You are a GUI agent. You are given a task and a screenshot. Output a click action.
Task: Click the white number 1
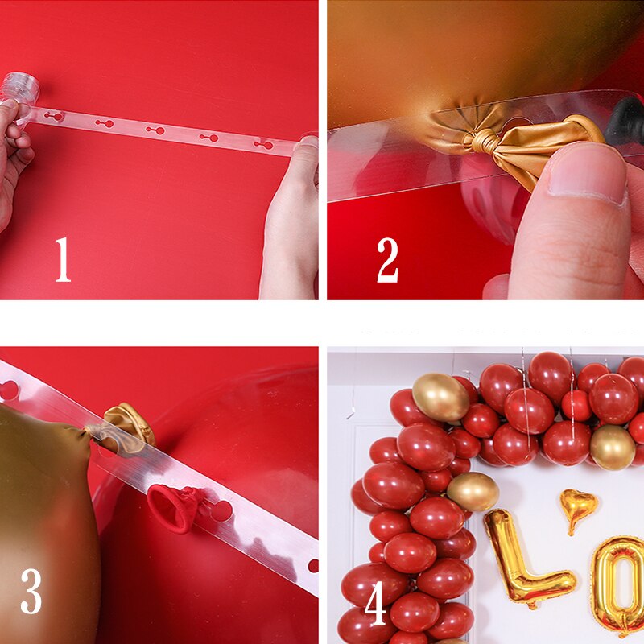(x=62, y=259)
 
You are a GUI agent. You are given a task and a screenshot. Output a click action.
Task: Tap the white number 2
(x=387, y=259)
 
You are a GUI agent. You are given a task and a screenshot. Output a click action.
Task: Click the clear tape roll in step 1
(x=19, y=86)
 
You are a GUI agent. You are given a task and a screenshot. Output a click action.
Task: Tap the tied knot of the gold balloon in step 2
(x=483, y=142)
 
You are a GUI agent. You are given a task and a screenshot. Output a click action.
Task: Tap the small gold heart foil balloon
(x=579, y=507)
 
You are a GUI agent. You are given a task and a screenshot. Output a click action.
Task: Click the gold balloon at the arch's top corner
(x=440, y=397)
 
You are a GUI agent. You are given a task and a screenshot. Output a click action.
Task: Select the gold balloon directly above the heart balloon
(x=612, y=447)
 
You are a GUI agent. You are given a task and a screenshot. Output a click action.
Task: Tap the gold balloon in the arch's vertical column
(x=473, y=491)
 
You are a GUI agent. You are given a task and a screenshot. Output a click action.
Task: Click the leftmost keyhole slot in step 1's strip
(x=53, y=117)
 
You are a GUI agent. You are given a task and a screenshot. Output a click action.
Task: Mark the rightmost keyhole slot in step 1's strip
(x=263, y=144)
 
